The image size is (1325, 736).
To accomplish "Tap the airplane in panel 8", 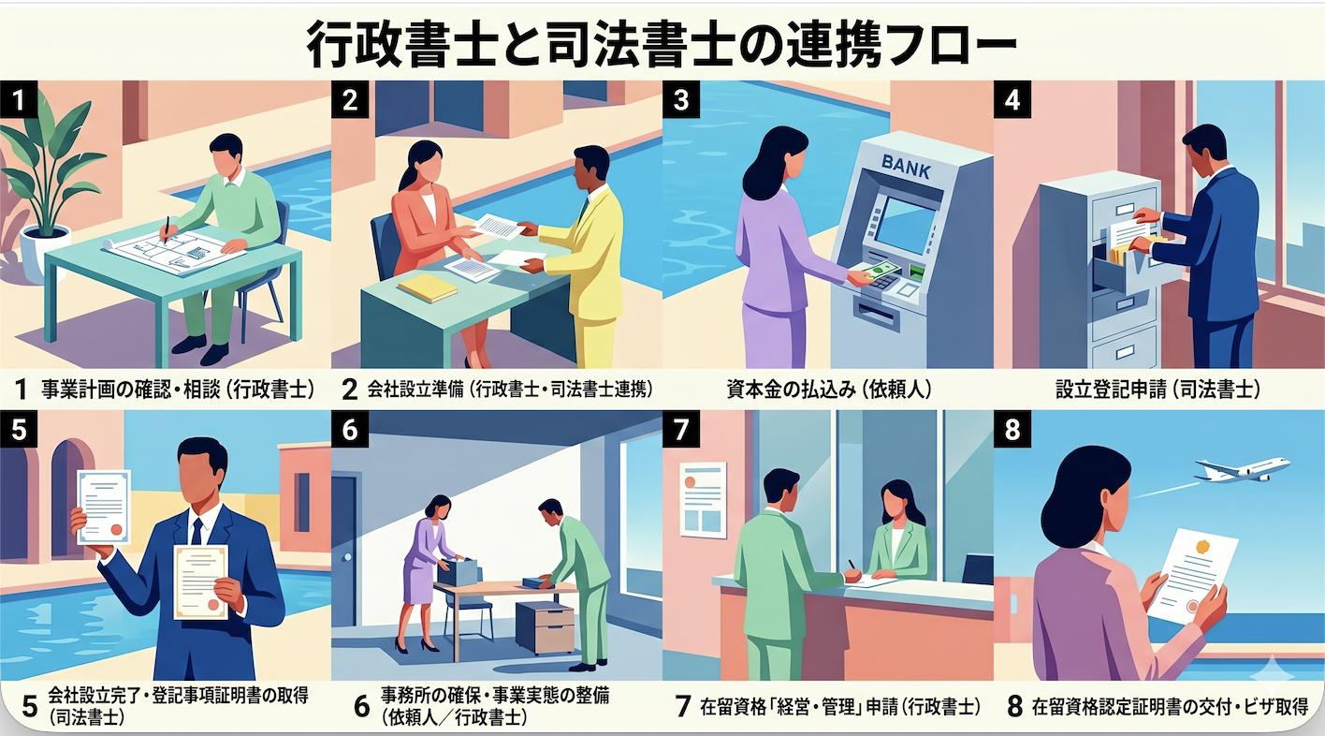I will coord(1242,469).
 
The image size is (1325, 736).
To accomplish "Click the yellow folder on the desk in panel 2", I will coord(427,287).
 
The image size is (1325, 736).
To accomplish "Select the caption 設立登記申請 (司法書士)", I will coord(1158,389).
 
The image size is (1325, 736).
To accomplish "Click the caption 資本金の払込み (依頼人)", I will coord(827,389).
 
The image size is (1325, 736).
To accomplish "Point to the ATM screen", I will coord(904,226).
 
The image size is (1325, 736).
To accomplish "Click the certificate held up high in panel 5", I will coord(104,506).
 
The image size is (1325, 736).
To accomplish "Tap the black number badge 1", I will coord(19,101).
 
